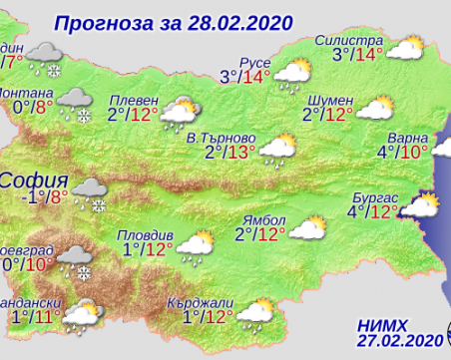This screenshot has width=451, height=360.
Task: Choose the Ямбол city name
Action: tap(264, 219)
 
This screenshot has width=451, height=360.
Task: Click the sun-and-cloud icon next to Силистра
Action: tap(405, 47)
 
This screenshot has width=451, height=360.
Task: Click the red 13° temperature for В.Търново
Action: tap(241, 153)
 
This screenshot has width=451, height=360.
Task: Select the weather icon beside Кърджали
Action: tap(255, 314)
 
